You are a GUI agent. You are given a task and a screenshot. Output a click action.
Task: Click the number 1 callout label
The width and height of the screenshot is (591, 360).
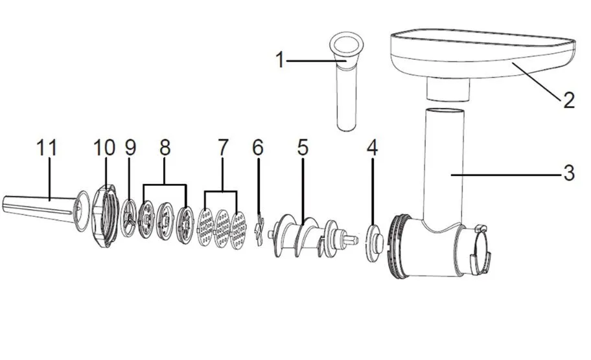pyautogui.click(x=280, y=60)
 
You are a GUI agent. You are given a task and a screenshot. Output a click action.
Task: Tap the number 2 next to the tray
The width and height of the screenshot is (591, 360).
pyautogui.click(x=569, y=100)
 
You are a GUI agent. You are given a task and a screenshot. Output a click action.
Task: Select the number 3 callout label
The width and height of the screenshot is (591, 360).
pyautogui.click(x=569, y=174)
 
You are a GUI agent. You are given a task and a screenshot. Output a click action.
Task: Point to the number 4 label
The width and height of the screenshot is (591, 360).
pyautogui.click(x=373, y=148)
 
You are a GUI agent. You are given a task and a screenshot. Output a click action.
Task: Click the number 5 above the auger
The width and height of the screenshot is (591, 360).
pyautogui.click(x=303, y=148)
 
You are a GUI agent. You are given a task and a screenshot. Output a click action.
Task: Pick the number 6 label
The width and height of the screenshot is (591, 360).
pyautogui.click(x=258, y=148)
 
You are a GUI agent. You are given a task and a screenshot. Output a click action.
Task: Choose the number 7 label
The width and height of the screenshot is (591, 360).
pyautogui.click(x=223, y=148)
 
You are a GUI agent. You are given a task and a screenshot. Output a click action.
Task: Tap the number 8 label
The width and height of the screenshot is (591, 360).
pyautogui.click(x=165, y=148)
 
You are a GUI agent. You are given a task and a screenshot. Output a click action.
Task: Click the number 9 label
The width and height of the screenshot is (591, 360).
pyautogui.click(x=130, y=148)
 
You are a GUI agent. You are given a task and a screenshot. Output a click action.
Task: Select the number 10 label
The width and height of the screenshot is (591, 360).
pyautogui.click(x=104, y=148)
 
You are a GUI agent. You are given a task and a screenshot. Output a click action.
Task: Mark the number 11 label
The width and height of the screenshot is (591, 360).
pyautogui.click(x=47, y=148)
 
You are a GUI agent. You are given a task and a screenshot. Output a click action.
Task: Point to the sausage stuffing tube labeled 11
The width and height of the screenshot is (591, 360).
pyautogui.click(x=46, y=210)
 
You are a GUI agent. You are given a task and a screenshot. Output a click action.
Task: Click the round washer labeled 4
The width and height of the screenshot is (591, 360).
pyautogui.click(x=375, y=242)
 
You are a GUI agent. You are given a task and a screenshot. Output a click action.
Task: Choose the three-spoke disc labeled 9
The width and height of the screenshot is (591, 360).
pyautogui.click(x=128, y=219)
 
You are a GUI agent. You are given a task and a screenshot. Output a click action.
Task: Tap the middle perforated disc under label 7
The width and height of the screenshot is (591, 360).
pyautogui.click(x=222, y=229)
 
